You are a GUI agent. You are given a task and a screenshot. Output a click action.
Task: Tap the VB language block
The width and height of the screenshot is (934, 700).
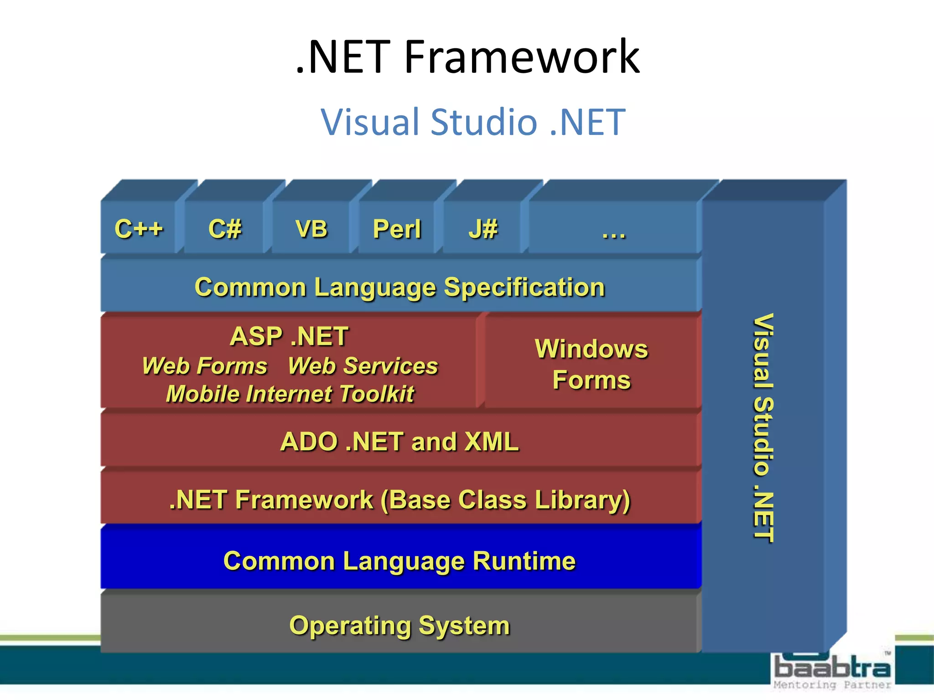(311, 228)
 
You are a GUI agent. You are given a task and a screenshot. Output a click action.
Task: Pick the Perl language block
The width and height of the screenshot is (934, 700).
(397, 228)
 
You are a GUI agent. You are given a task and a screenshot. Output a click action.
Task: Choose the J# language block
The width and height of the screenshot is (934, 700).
(483, 228)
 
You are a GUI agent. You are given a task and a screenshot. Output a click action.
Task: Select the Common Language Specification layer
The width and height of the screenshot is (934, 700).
(400, 287)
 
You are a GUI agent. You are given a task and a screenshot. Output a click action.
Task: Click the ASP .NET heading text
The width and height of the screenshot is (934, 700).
(289, 336)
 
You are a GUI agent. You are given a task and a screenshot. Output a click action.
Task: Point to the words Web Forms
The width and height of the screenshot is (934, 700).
(204, 365)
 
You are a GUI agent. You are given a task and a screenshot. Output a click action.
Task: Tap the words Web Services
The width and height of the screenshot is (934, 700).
(363, 365)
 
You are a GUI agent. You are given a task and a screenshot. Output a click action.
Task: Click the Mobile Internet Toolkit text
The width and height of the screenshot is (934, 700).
(290, 394)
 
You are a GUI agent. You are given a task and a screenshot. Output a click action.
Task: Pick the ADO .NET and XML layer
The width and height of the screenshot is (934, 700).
(400, 441)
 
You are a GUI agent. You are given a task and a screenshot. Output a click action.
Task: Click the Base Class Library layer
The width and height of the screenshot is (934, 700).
(400, 499)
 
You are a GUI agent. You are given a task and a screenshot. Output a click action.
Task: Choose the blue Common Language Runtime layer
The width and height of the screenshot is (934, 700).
(400, 561)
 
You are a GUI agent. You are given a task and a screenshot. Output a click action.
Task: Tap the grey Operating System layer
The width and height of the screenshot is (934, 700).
(400, 625)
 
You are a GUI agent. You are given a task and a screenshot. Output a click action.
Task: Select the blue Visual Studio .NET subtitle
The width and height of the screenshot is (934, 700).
(473, 122)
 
